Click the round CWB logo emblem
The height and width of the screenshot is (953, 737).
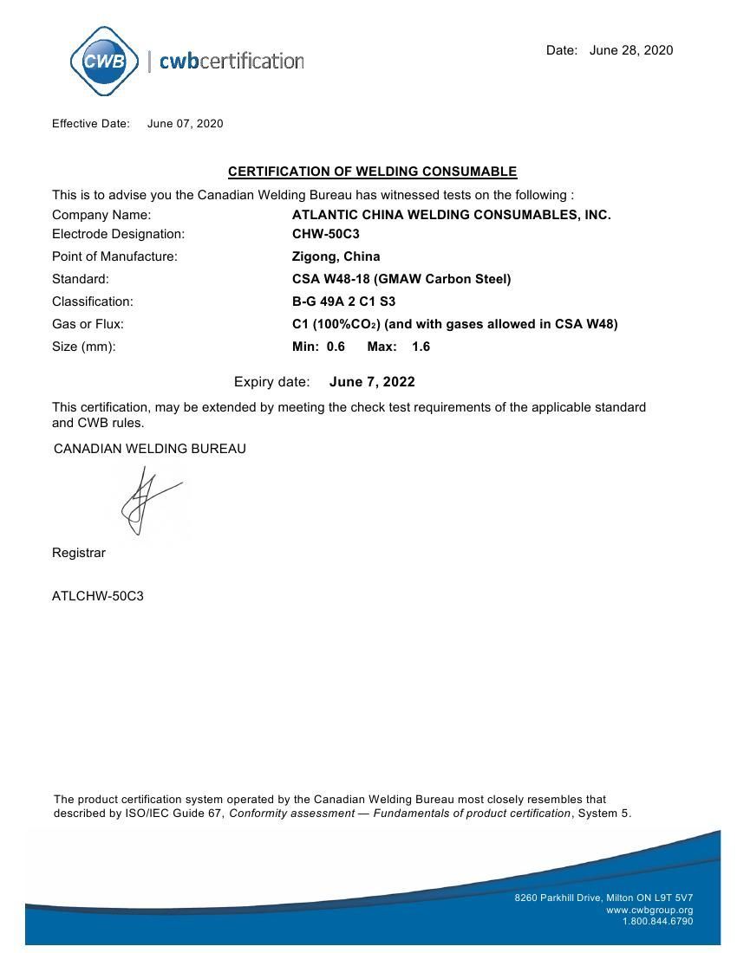[104, 61]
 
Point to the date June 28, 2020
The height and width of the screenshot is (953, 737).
[630, 50]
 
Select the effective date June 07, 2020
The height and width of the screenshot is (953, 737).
[185, 123]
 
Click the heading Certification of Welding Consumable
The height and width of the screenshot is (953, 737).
[372, 172]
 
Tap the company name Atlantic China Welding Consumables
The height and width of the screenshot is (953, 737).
[451, 215]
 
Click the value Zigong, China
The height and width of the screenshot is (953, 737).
[336, 256]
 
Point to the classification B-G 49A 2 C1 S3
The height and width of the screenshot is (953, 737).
[343, 301]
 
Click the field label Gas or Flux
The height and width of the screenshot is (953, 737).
[88, 324]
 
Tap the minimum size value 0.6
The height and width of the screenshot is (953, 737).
[336, 347]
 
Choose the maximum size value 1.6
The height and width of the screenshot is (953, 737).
[421, 347]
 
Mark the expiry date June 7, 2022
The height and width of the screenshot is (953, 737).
[372, 382]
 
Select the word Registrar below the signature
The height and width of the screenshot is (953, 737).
[79, 553]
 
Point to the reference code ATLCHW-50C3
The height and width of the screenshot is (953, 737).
[98, 596]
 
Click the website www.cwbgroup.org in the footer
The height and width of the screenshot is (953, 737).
[649, 910]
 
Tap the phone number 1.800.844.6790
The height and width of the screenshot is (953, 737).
[657, 921]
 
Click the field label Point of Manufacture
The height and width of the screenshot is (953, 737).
[114, 256]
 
